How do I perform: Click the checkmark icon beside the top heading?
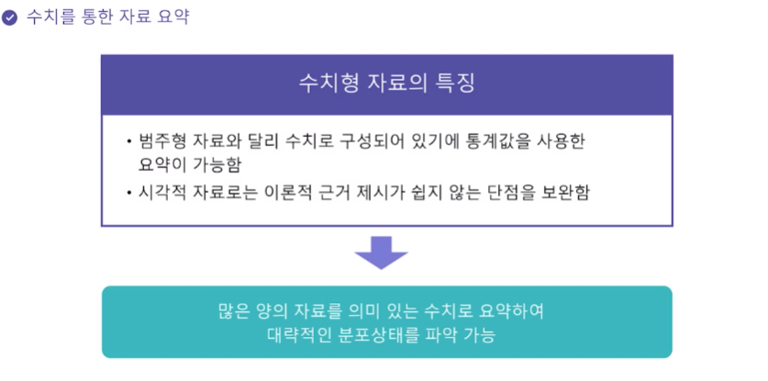[x=10, y=17]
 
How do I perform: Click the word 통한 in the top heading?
[x=101, y=17]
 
